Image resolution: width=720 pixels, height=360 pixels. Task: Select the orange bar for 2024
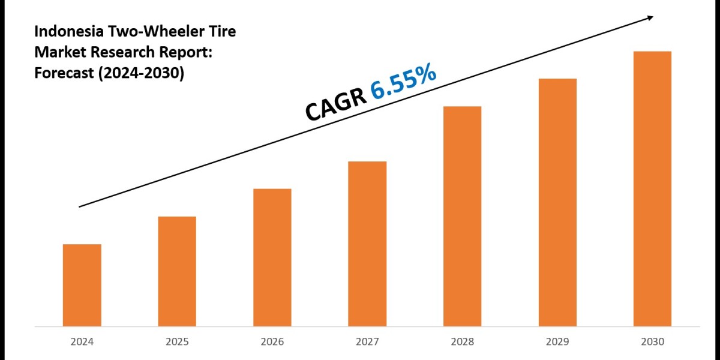pyautogui.click(x=82, y=286)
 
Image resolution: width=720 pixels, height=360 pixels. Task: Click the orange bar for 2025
pyautogui.click(x=177, y=271)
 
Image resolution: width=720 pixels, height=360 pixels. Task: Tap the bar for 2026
pyautogui.click(x=272, y=258)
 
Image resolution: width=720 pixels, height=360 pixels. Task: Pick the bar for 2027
pyautogui.click(x=367, y=244)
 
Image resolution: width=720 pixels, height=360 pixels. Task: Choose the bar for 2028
pyautogui.click(x=462, y=216)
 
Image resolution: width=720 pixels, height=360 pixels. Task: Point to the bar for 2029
pyautogui.click(x=557, y=203)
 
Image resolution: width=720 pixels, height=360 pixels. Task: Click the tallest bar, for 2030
pyautogui.click(x=652, y=189)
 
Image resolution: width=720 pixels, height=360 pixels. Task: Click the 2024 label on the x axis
pyautogui.click(x=82, y=342)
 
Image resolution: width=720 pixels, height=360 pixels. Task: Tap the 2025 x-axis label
pyautogui.click(x=177, y=342)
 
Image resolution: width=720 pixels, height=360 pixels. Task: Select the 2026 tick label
pyautogui.click(x=272, y=342)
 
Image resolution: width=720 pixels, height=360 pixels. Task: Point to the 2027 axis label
pyautogui.click(x=367, y=342)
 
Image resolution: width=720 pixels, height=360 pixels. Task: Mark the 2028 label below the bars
pyautogui.click(x=462, y=342)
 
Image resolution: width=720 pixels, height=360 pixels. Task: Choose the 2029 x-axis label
pyautogui.click(x=557, y=342)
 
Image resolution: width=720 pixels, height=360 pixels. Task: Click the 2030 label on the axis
pyautogui.click(x=652, y=342)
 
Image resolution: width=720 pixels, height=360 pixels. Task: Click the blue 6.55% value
pyautogui.click(x=403, y=82)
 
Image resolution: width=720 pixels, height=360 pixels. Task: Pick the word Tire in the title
pyautogui.click(x=220, y=32)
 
